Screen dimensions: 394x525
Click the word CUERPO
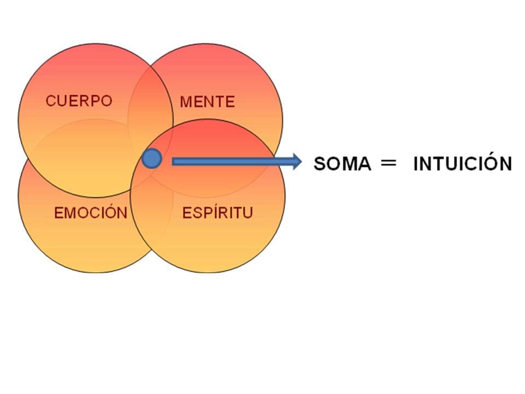[79, 101]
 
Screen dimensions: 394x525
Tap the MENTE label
[207, 102]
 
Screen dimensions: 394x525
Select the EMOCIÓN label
[91, 213]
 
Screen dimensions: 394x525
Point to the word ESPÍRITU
[217, 213]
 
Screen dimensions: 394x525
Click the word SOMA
[342, 164]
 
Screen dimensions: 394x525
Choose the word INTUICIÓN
[462, 164]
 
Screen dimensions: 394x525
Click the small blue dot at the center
[151, 159]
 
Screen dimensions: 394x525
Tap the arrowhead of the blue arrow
[296, 161]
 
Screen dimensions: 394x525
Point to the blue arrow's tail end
[174, 161]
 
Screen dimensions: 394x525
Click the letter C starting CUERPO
[50, 101]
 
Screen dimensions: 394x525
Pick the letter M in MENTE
[186, 102]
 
